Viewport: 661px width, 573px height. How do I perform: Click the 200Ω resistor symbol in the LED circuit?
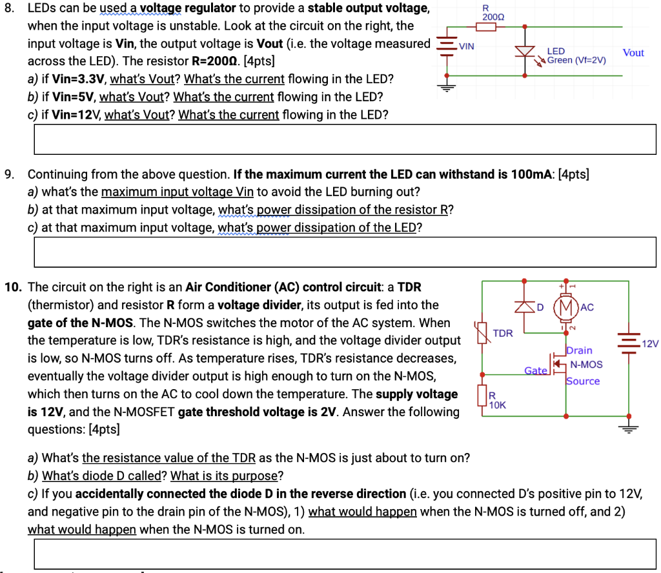click(x=487, y=26)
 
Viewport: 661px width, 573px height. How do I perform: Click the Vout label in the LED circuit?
click(x=633, y=53)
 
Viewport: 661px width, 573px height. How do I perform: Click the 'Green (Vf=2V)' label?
click(x=576, y=61)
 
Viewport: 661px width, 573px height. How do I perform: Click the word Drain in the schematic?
click(x=579, y=350)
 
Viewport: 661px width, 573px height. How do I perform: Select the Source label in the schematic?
click(x=583, y=381)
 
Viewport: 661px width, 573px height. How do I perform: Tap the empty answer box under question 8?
click(x=347, y=139)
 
